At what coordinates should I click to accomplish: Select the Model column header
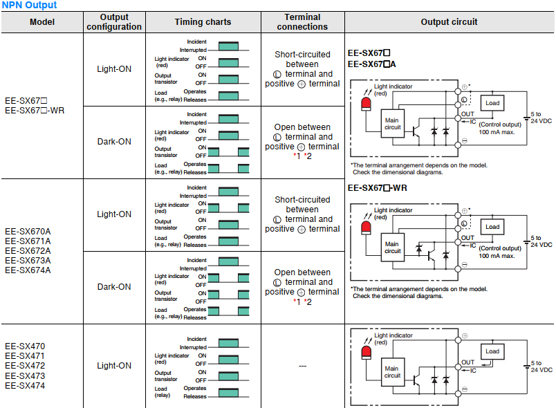click(x=41, y=22)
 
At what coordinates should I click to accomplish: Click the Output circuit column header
click(x=449, y=22)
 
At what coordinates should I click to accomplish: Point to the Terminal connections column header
click(x=302, y=22)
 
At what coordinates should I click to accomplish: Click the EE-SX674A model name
click(x=28, y=270)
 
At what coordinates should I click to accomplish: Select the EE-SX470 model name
click(x=25, y=346)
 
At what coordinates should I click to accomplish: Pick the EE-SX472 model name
click(x=25, y=365)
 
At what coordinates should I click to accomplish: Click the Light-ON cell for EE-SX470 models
click(x=114, y=366)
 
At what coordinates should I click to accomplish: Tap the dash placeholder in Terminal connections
click(x=302, y=366)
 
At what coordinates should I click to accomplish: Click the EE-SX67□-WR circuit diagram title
click(x=377, y=187)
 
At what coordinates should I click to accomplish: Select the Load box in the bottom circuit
click(x=492, y=351)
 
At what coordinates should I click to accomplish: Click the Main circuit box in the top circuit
click(x=392, y=123)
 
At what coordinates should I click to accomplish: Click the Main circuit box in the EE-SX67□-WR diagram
click(x=392, y=248)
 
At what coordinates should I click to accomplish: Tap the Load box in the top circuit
click(x=492, y=103)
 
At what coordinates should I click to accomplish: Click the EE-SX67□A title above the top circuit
click(x=373, y=64)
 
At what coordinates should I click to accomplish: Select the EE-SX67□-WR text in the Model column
click(x=35, y=110)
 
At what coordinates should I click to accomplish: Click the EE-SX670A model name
click(x=28, y=231)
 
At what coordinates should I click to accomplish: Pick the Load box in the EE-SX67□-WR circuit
click(x=492, y=227)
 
